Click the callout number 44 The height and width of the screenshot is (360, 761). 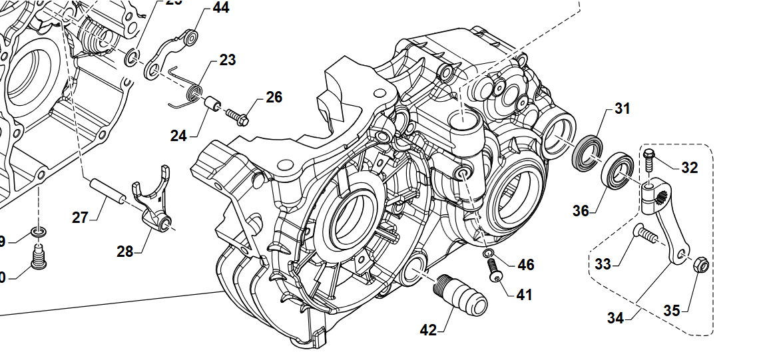220,9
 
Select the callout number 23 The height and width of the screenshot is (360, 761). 227,60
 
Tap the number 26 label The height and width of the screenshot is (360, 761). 274,98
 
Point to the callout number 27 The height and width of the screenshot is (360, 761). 80,218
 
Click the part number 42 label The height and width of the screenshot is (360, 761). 428,329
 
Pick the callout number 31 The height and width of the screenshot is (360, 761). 622,108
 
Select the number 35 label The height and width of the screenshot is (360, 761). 672,310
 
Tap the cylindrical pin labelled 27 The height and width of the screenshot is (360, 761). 107,192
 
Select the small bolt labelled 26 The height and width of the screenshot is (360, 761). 237,116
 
